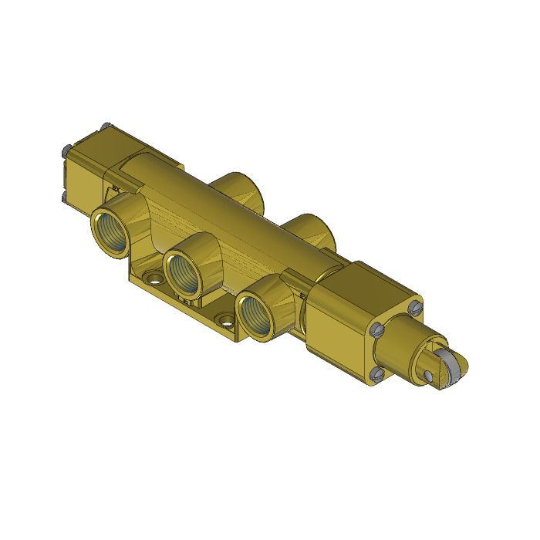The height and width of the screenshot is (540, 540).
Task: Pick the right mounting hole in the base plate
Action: pos(225,318)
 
